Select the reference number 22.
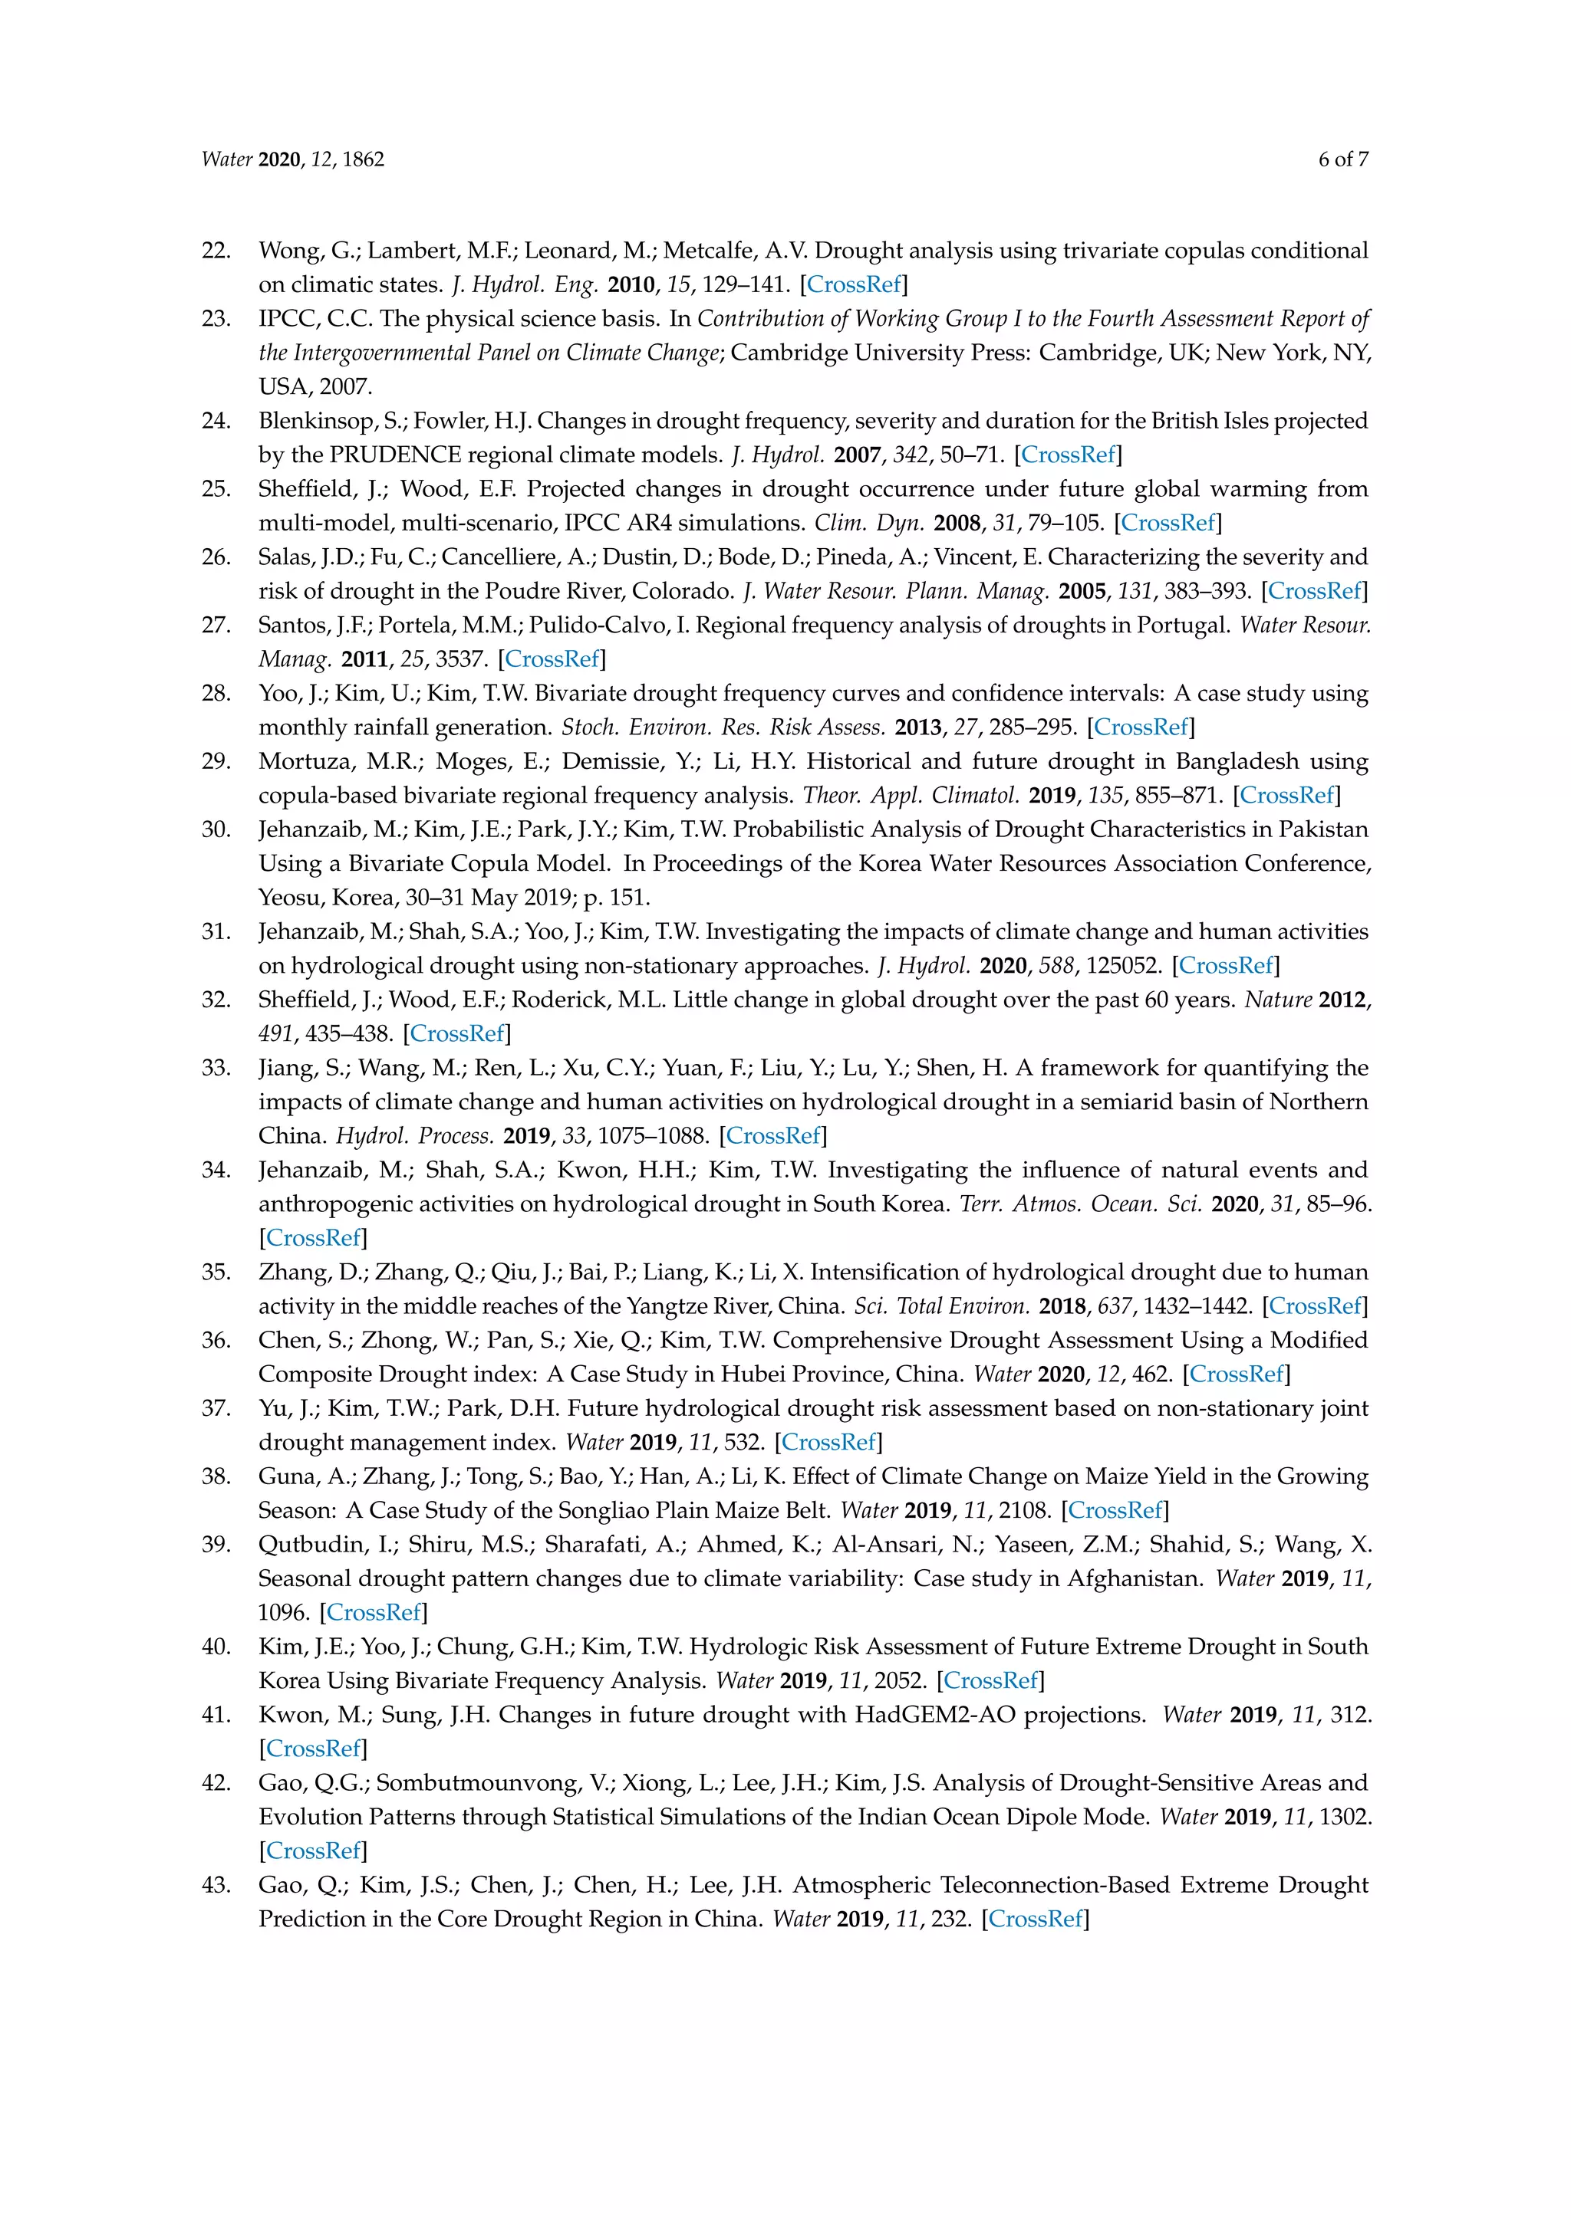click(x=216, y=251)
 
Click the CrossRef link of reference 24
click(x=1068, y=455)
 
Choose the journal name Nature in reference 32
click(x=1278, y=1000)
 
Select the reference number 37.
click(x=216, y=1409)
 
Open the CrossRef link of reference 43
click(x=1035, y=1920)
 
